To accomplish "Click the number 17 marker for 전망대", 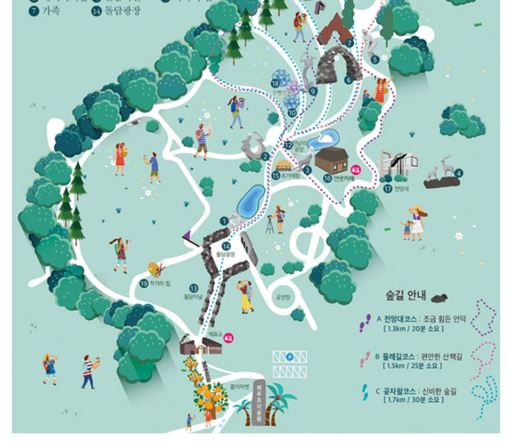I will (x=387, y=189).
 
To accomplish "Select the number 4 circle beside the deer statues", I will (x=459, y=173).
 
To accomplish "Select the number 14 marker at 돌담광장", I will (x=223, y=246).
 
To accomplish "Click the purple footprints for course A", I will (x=366, y=323).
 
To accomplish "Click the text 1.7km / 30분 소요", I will (x=413, y=400).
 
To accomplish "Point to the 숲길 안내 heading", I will (x=406, y=296).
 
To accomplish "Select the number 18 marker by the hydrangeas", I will (x=275, y=83).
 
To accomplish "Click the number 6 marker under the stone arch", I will (x=348, y=79).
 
